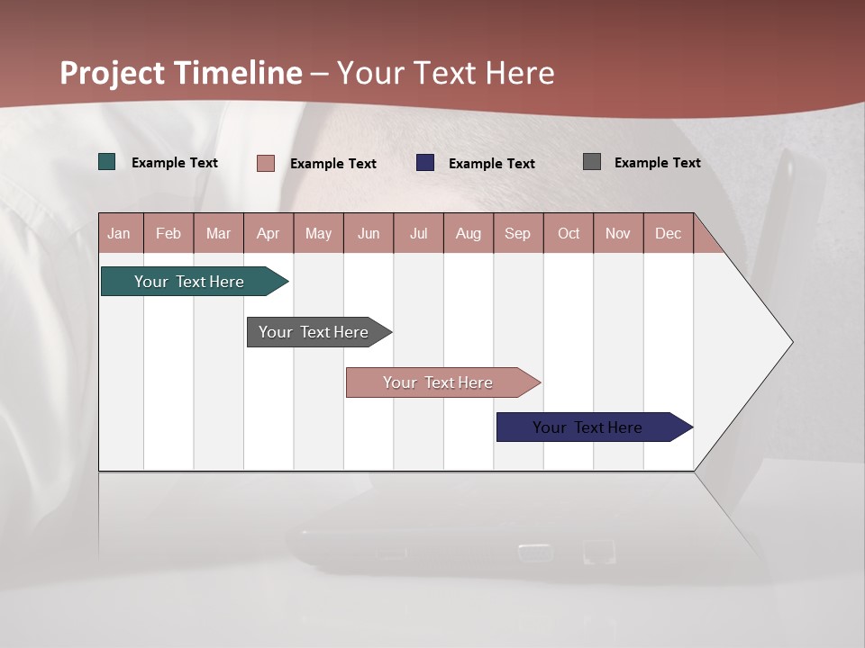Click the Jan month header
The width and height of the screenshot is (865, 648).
[120, 233]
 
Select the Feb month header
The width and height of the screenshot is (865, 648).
[168, 233]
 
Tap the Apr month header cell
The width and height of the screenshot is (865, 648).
[269, 233]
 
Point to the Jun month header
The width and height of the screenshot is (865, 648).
[369, 233]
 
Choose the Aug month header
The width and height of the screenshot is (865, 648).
[469, 233]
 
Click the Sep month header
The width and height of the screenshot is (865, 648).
[518, 233]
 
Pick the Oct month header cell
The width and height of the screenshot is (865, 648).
[569, 233]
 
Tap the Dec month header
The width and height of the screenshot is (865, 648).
[669, 233]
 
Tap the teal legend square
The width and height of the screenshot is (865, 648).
[107, 162]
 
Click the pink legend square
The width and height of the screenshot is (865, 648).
[266, 163]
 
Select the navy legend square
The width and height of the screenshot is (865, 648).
[425, 163]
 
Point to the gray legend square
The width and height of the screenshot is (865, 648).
[592, 162]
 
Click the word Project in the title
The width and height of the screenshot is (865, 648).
[113, 73]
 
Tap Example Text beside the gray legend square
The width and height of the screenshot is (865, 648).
[657, 162]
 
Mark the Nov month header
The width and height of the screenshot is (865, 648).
[618, 233]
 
